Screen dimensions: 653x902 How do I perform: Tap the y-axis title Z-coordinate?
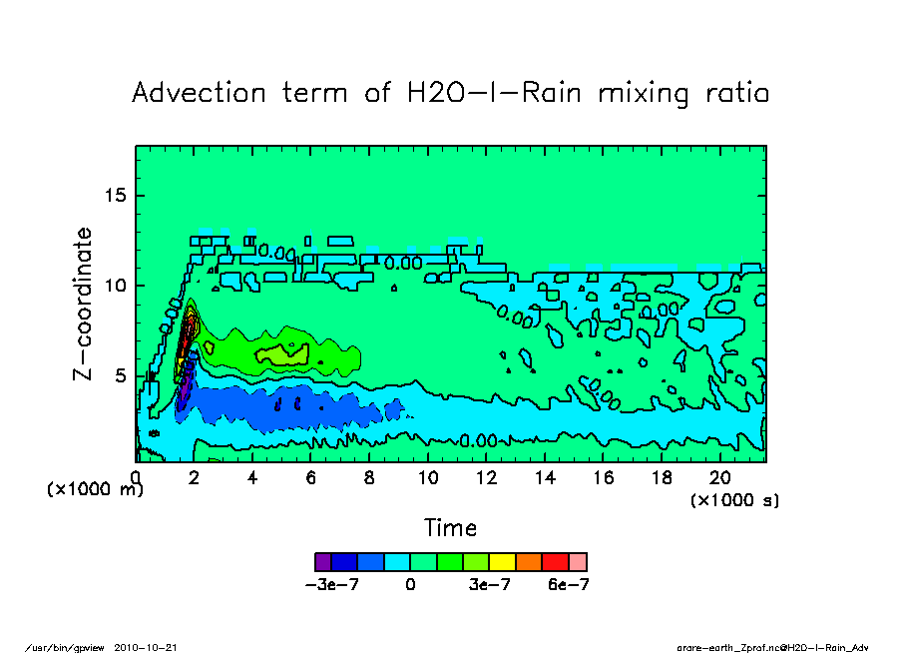click(84, 304)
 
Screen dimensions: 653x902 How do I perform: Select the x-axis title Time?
click(450, 528)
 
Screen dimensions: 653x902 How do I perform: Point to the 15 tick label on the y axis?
click(116, 195)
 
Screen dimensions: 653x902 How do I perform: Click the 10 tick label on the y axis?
click(116, 286)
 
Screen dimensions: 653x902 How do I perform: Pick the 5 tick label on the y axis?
click(121, 375)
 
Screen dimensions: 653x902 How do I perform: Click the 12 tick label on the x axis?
click(486, 478)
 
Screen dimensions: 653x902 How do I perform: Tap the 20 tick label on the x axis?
click(720, 478)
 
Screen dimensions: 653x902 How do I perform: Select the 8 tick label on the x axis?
click(369, 478)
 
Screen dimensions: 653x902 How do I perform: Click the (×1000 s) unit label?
click(734, 499)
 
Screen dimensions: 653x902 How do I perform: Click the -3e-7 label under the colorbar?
click(331, 585)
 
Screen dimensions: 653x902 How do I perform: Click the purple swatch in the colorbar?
click(323, 561)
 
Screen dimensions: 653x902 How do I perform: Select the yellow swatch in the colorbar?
click(501, 561)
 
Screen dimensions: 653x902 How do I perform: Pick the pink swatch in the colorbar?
click(578, 561)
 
